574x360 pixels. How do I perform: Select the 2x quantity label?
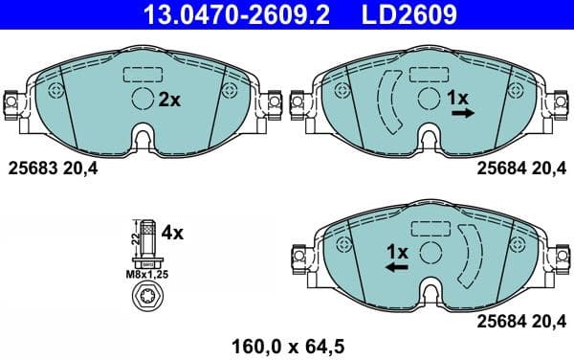point(169,99)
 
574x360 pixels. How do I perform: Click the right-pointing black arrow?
point(463,113)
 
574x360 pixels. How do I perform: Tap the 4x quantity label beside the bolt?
point(171,232)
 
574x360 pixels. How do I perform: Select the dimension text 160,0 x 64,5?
point(286,343)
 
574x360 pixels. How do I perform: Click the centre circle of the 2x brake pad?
point(142,99)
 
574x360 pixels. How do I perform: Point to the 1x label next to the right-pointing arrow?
point(457,98)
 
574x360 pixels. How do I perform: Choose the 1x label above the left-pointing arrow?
point(396,251)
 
